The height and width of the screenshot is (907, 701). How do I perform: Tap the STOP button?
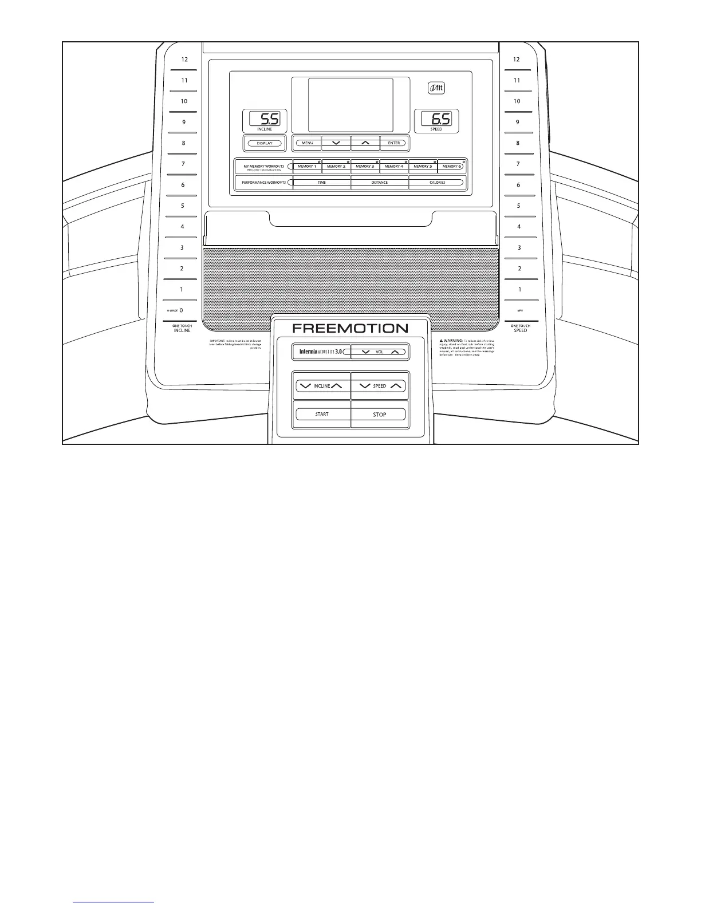pyautogui.click(x=379, y=415)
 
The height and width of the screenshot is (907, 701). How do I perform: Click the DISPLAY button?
pyautogui.click(x=264, y=143)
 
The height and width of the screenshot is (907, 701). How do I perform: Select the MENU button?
pyautogui.click(x=308, y=143)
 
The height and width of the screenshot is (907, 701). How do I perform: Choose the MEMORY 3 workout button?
pyautogui.click(x=365, y=167)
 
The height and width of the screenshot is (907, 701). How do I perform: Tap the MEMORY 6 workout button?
pyautogui.click(x=451, y=167)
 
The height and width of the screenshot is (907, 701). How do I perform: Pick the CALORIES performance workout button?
pyautogui.click(x=437, y=183)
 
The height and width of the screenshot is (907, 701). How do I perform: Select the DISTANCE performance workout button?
pyautogui.click(x=379, y=183)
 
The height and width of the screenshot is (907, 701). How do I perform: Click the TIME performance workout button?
pyautogui.click(x=321, y=183)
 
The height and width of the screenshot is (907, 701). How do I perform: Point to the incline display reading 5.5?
pyautogui.click(x=264, y=119)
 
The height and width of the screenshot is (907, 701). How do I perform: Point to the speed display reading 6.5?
pyautogui.click(x=436, y=119)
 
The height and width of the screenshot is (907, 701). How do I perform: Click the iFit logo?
pyautogui.click(x=436, y=89)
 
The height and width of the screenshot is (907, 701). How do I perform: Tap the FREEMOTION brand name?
pyautogui.click(x=350, y=329)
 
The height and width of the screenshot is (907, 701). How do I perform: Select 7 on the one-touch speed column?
pyautogui.click(x=518, y=164)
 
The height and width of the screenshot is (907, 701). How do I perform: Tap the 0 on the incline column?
pyautogui.click(x=181, y=310)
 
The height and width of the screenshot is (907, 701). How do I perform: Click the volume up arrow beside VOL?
pyautogui.click(x=395, y=352)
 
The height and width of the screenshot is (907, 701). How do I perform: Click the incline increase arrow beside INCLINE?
pyautogui.click(x=337, y=386)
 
